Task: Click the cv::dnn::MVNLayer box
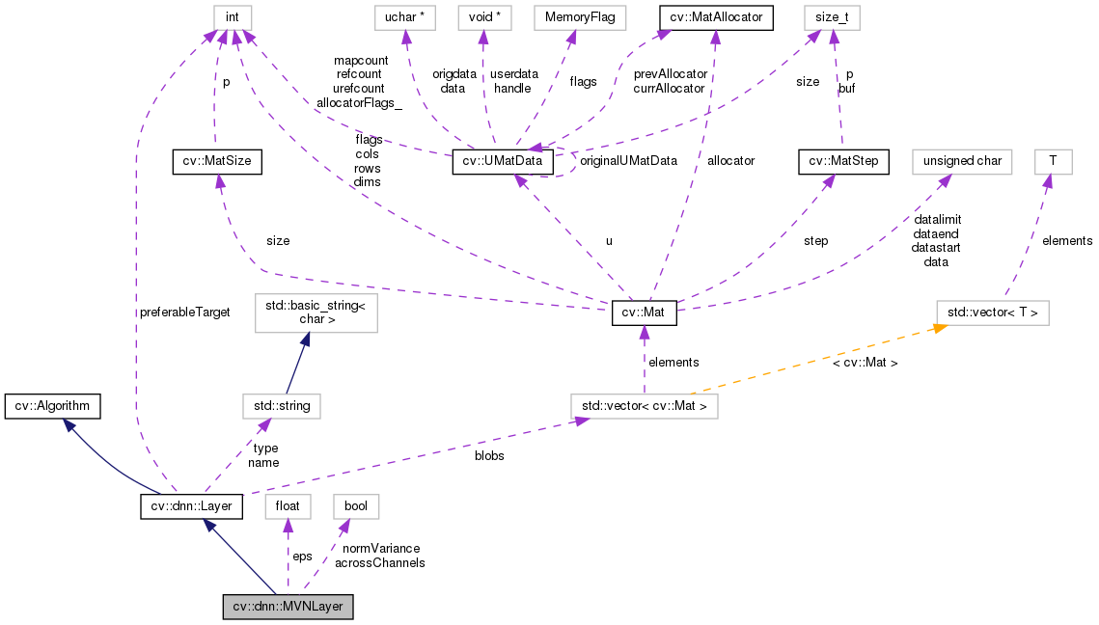click(x=288, y=607)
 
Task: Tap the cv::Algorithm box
click(x=52, y=406)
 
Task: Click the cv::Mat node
click(x=645, y=313)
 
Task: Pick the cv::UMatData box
click(x=503, y=162)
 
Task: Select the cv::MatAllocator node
click(x=715, y=17)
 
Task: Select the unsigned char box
click(x=962, y=162)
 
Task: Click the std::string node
click(x=281, y=406)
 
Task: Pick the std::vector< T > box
click(x=993, y=313)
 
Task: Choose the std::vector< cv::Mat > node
click(x=644, y=406)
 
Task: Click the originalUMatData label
click(x=628, y=160)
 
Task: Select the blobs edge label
click(x=488, y=455)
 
